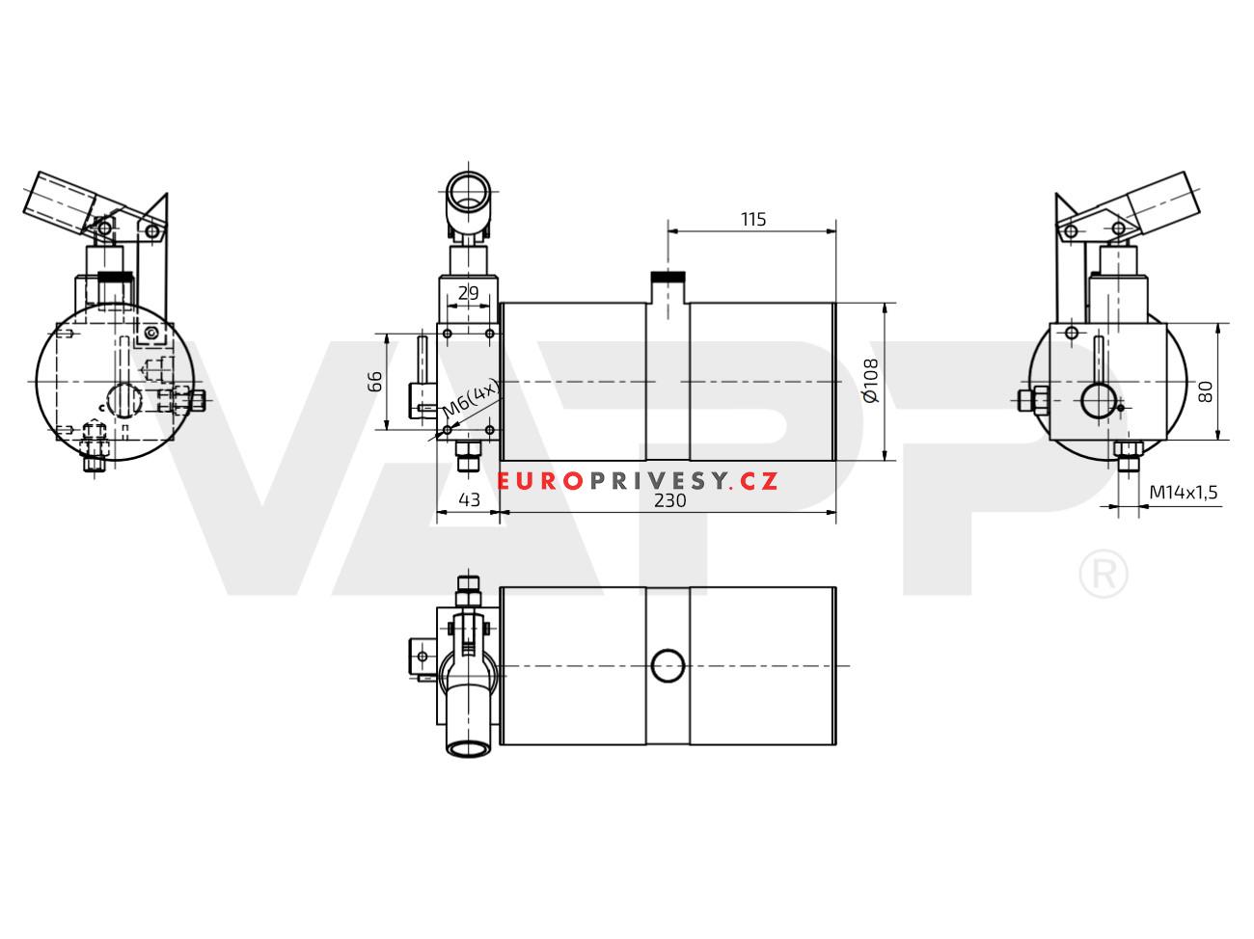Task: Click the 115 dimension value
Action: pos(753,219)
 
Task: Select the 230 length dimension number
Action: pos(669,500)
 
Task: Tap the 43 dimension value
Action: pos(469,500)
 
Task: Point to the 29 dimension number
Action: pos(469,293)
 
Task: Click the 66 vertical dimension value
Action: pos(374,382)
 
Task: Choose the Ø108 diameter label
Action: pos(871,381)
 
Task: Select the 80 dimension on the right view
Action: pos(1206,392)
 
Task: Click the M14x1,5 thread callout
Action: pos(1184,492)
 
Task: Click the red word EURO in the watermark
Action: pos(540,481)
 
